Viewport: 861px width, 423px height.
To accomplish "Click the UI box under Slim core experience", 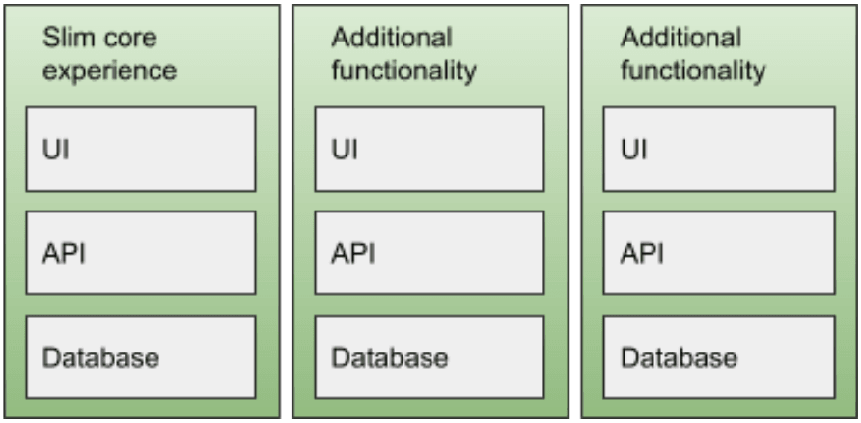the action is (141, 150).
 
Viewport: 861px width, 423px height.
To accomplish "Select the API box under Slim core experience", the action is (141, 253).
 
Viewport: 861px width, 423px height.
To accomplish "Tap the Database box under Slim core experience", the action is (141, 356).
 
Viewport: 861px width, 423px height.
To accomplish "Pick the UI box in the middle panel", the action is (430, 150).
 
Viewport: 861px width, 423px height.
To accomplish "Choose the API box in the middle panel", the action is (430, 253).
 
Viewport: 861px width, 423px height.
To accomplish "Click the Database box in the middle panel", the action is (430, 356).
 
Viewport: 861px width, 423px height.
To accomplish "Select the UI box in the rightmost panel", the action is (719, 150).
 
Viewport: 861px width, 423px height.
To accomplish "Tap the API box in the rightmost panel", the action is (719, 253).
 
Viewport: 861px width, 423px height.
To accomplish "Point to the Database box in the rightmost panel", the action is (719, 356).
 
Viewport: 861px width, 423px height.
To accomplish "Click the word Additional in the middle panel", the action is (392, 38).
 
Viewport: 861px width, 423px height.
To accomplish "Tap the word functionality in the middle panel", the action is (403, 71).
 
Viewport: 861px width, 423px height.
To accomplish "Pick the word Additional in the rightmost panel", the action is (680, 38).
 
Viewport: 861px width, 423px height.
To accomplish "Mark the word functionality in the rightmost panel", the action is (693, 71).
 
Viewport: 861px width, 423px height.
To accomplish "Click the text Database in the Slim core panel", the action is (101, 358).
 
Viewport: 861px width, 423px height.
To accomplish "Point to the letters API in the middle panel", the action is (352, 254).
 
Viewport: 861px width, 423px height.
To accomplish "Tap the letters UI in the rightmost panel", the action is (633, 150).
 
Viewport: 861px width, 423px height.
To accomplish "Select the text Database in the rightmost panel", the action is (680, 358).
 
